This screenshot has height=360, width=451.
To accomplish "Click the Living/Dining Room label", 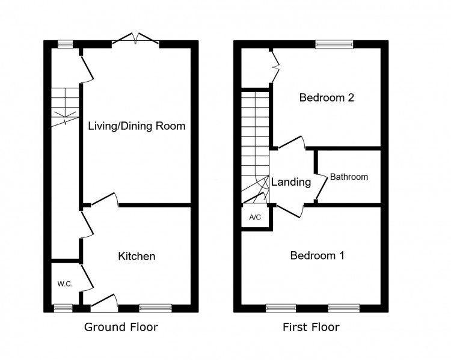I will click(137, 126).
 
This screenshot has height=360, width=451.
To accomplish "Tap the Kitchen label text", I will click(137, 257).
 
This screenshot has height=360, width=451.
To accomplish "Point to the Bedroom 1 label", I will click(317, 255).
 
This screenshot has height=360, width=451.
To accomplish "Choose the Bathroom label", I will click(349, 177).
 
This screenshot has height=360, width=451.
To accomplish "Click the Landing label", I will click(290, 182).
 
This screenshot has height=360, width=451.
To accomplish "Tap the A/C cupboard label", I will click(255, 217).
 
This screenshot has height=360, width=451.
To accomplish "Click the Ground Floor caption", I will click(121, 328).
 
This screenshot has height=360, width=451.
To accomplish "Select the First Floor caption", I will click(311, 328).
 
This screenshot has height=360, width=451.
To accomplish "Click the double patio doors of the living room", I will click(135, 40).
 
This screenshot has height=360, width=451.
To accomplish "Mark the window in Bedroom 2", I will click(335, 44).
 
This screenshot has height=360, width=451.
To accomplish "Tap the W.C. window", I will click(63, 308).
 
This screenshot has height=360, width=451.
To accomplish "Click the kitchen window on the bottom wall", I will click(155, 308).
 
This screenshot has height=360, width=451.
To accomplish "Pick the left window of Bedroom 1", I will click(281, 308).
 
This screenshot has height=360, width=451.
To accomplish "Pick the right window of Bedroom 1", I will click(343, 308).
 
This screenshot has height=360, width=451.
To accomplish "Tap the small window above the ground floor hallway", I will click(65, 44).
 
